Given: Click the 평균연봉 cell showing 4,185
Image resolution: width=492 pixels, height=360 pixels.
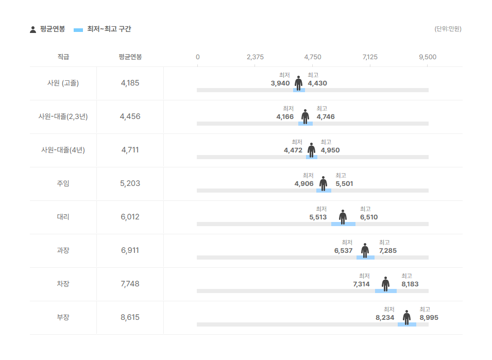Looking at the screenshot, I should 130,83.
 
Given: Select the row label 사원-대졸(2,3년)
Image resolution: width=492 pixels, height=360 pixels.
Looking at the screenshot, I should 63,116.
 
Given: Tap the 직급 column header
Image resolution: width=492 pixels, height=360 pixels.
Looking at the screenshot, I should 63,57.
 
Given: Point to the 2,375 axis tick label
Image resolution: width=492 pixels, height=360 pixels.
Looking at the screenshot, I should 255,57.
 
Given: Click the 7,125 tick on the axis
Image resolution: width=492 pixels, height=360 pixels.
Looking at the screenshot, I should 370,57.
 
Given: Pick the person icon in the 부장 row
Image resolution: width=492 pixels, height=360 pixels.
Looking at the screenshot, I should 406,317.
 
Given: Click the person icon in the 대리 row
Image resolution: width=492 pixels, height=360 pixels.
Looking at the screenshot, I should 343,217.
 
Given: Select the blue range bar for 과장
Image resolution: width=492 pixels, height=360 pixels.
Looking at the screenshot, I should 365,258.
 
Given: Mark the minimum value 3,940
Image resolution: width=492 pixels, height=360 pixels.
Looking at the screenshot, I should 280,83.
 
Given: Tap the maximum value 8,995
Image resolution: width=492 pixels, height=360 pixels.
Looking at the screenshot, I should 429,318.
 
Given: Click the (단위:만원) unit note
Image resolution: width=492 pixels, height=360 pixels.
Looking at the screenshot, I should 448,29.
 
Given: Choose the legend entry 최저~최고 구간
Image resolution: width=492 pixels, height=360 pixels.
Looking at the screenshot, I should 109,29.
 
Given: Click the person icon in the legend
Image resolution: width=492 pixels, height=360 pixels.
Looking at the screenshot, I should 33,29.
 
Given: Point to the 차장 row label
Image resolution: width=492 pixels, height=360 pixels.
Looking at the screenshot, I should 63,284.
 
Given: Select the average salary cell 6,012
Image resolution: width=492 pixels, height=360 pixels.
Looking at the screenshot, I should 130,217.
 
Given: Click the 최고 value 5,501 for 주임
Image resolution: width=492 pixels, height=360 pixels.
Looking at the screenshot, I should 344,184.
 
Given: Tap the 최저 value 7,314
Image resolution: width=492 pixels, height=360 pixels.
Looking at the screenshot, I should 361,284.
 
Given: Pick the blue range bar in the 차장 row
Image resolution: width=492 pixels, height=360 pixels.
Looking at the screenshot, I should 386,291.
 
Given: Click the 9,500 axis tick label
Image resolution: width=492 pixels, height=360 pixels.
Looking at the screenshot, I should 428,57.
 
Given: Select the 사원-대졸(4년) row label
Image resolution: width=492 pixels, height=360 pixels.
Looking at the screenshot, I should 63,150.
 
